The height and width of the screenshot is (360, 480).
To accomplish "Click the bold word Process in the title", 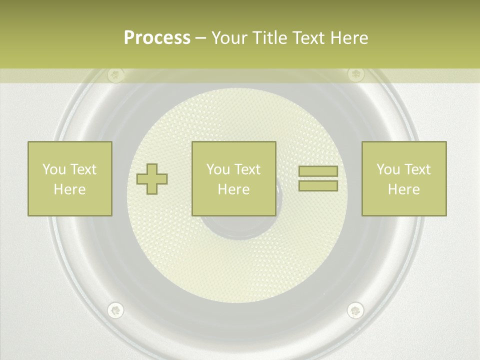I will point(157,38).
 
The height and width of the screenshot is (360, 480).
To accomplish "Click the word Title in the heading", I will point(269,38).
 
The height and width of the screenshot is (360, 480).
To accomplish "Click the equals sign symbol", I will point(318,178).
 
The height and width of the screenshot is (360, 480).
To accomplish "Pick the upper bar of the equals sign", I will point(318,171).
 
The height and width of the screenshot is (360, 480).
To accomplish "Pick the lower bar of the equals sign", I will point(318,185).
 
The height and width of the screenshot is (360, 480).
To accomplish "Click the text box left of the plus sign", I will point(70,178).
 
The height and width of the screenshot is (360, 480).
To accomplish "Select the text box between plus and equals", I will point(234,178).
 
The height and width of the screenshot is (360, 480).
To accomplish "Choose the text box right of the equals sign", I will point(404,178).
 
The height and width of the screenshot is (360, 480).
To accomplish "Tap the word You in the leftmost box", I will point(53,169).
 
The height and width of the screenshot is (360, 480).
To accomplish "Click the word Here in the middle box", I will point(234,189).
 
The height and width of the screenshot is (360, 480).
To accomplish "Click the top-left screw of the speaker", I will point(116,75).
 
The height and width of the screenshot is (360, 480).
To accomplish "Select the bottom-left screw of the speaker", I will point(116,310).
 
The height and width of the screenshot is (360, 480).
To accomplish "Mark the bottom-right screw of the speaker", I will point(355,310).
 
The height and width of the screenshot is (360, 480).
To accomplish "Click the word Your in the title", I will point(230,38).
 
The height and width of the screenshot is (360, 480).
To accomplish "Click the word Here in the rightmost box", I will point(404,189).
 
